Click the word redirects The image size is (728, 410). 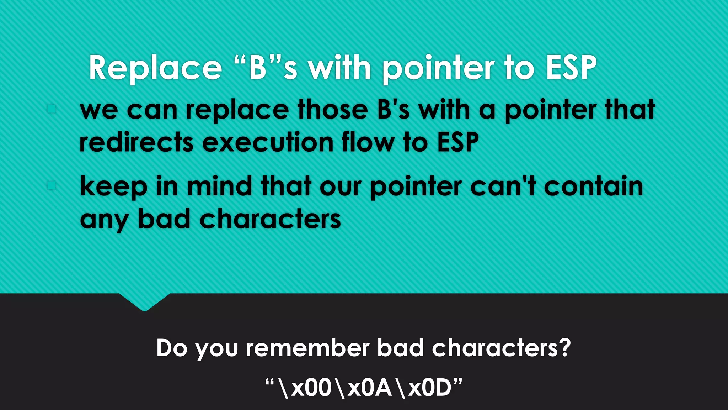pyautogui.click(x=136, y=142)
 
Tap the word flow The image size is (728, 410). pyautogui.click(x=368, y=142)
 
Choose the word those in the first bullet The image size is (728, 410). pyautogui.click(x=333, y=110)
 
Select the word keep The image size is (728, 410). pyautogui.click(x=113, y=186)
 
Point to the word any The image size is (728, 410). pyautogui.click(x=104, y=220)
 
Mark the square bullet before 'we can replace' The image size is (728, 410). pyautogui.click(x=52, y=109)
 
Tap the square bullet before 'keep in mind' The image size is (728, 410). pyautogui.click(x=52, y=185)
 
